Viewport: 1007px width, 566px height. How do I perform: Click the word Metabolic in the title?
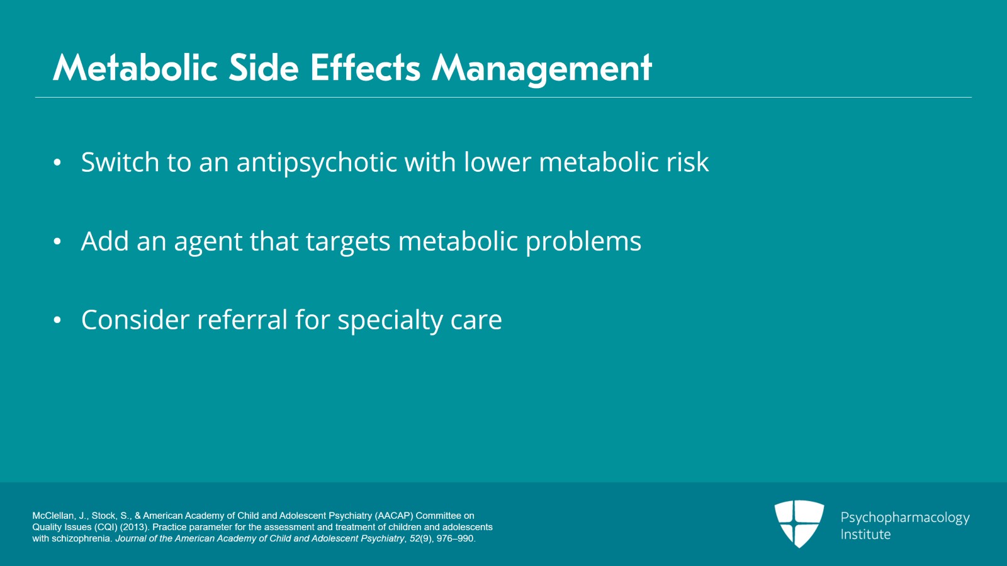[135, 68]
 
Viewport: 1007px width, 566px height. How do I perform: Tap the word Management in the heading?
[541, 68]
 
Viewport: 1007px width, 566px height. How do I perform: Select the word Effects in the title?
[365, 68]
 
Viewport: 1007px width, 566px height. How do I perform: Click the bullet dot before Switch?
[57, 162]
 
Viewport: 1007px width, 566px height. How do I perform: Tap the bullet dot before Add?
[57, 241]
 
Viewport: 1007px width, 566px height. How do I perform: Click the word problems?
[583, 242]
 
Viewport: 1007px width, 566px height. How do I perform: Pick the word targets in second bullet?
[347, 242]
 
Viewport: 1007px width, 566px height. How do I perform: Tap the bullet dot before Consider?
[57, 320]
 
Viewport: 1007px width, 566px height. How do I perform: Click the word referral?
[242, 320]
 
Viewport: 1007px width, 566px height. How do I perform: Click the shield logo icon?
[799, 523]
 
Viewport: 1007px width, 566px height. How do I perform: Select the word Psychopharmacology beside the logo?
[904, 518]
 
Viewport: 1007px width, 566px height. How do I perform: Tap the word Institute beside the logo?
[865, 535]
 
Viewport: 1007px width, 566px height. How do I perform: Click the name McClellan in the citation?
[53, 516]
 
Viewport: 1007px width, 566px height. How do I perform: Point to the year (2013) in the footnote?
[135, 527]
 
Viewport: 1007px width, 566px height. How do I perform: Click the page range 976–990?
[456, 538]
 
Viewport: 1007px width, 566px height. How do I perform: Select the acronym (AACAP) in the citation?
[394, 516]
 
